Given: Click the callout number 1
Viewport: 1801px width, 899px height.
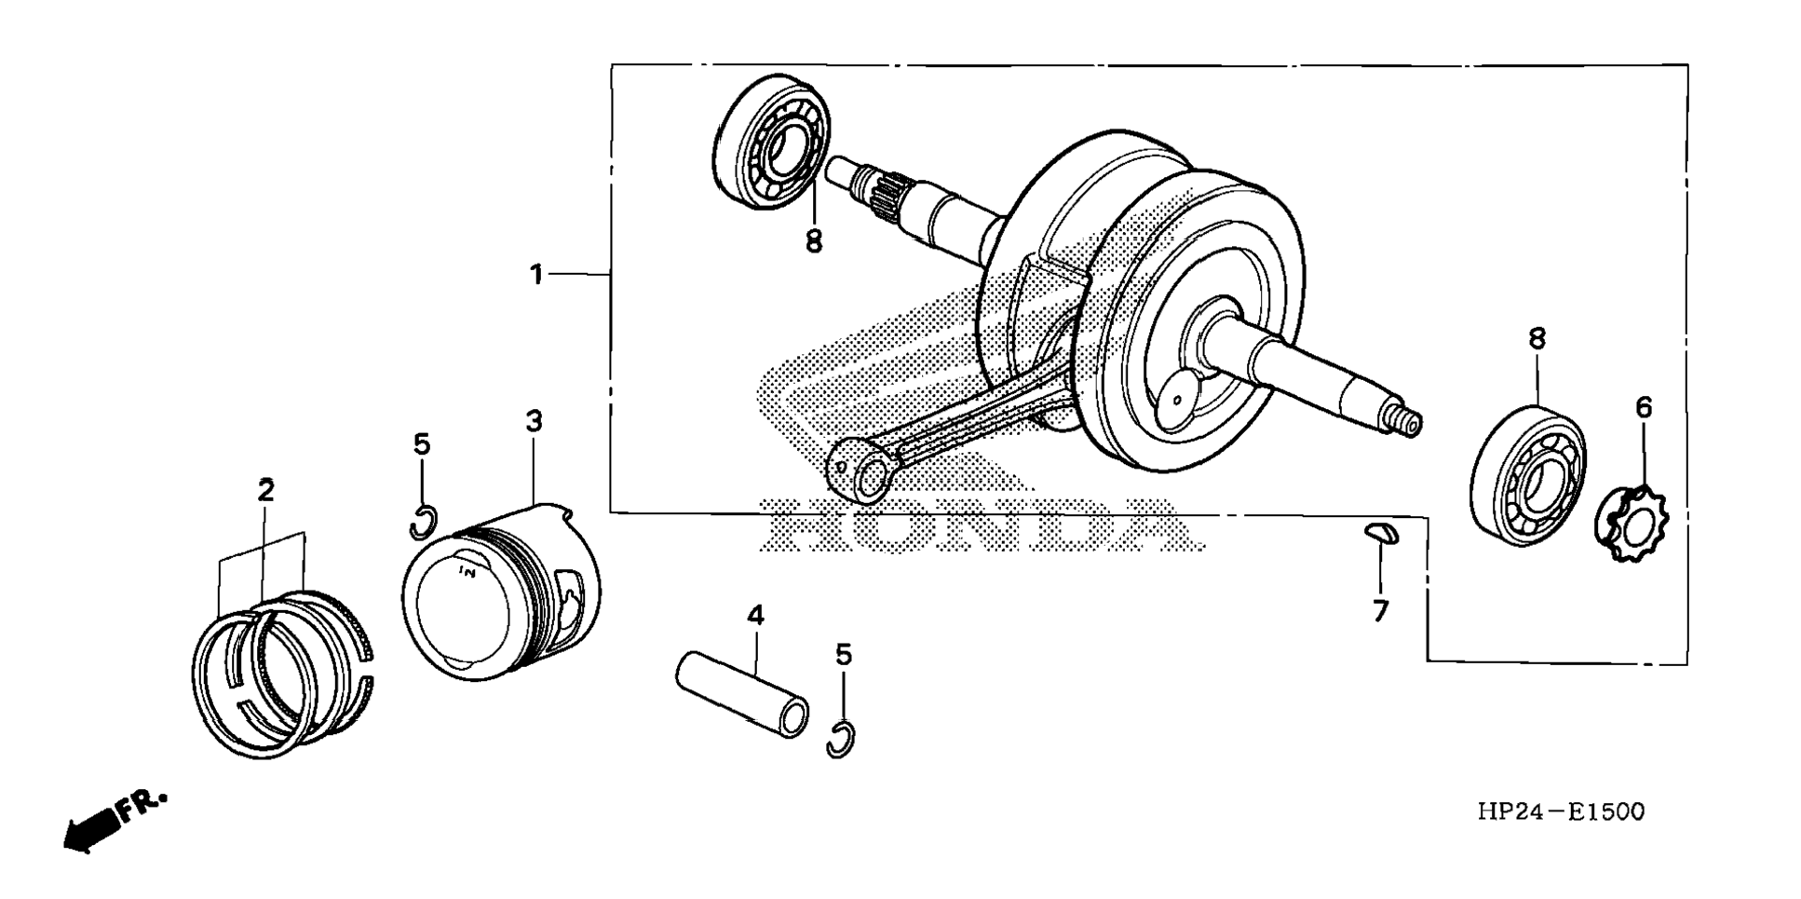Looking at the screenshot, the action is pos(536,275).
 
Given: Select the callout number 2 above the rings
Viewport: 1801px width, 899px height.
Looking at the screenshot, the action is pos(266,491).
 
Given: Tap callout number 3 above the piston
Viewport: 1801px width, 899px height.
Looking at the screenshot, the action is pos(534,421).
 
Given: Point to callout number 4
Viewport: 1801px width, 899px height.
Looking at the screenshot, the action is pos(755,616).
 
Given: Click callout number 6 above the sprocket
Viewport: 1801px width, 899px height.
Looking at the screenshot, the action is pos(1644,407).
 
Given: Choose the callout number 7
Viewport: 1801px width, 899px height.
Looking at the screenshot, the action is pos(1380,611).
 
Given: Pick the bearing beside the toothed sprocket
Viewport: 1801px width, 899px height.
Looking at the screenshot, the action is pos(1527,475).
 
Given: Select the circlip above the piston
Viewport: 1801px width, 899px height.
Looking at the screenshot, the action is pos(422,523).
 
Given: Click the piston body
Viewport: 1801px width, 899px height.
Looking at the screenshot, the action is pos(503,596).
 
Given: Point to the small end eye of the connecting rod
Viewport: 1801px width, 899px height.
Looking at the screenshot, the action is pos(862,471).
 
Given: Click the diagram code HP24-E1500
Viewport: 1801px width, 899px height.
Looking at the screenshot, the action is pos(1560,812).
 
